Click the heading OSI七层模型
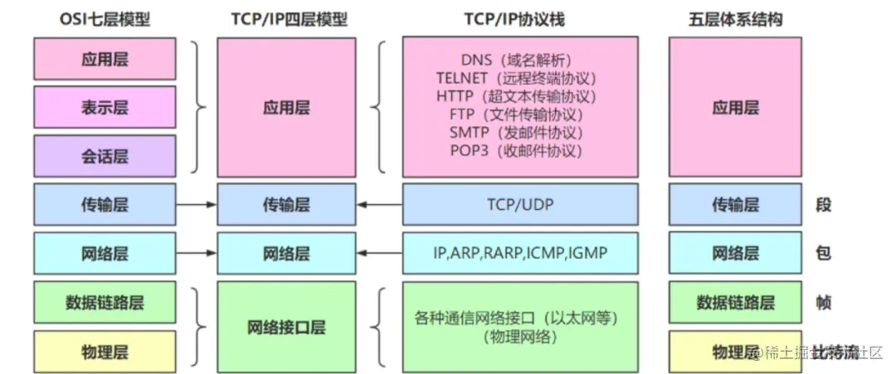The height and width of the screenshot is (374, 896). [x=105, y=18]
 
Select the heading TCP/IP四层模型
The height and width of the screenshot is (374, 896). [x=286, y=18]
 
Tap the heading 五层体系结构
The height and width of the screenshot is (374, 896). [x=735, y=18]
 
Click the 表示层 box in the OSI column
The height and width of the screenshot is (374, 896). [x=105, y=107]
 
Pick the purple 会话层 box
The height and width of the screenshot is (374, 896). [x=105, y=156]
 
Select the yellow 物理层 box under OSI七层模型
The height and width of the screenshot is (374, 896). [x=105, y=352]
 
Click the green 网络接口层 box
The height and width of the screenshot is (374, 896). [x=286, y=327]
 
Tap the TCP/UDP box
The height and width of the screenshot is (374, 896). [x=520, y=204]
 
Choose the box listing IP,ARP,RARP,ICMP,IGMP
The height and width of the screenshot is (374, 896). [x=520, y=253]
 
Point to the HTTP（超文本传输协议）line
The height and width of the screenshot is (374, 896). [x=520, y=95]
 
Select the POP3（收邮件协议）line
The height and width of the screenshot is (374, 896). [x=520, y=150]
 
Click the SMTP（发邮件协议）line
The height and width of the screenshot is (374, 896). [x=520, y=132]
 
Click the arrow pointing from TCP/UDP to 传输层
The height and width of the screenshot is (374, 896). [x=379, y=204]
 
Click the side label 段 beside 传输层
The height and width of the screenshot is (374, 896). [x=823, y=204]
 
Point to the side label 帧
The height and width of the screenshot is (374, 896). [x=823, y=303]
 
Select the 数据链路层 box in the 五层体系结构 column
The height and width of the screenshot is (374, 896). [x=735, y=303]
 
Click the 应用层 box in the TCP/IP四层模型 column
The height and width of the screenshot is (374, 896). [x=286, y=107]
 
